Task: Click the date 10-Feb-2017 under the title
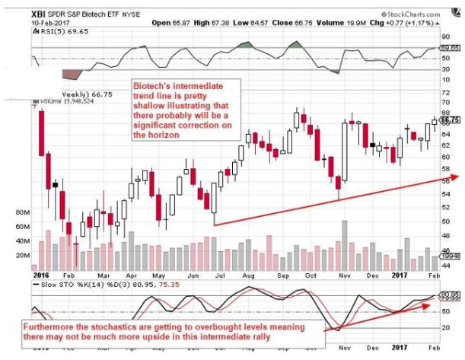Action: coord(48,24)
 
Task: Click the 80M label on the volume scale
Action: coord(21,213)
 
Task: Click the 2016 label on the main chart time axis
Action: coord(41,269)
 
